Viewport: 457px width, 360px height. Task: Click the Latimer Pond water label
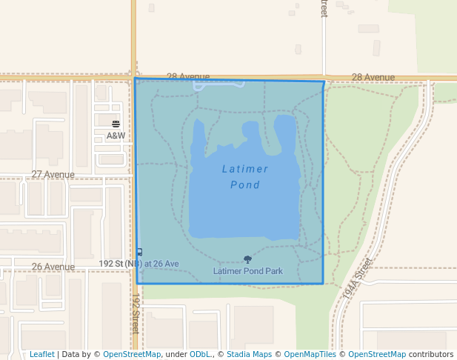tap(245, 176)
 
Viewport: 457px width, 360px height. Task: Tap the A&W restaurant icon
tap(116, 124)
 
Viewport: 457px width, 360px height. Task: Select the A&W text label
tap(116, 136)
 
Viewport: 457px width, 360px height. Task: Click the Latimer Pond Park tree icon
tap(247, 260)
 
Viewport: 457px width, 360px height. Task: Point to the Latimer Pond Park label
tap(247, 271)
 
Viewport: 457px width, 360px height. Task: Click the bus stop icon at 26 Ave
tap(139, 252)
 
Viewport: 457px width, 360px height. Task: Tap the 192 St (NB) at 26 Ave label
tap(139, 264)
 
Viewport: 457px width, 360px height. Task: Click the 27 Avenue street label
tap(53, 175)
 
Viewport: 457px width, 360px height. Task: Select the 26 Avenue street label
tap(53, 267)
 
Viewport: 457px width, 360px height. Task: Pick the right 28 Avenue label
tap(373, 77)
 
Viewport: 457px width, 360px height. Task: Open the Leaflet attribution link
tap(41, 355)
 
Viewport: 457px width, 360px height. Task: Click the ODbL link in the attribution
tap(200, 355)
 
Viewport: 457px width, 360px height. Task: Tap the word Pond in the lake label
tap(245, 184)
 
